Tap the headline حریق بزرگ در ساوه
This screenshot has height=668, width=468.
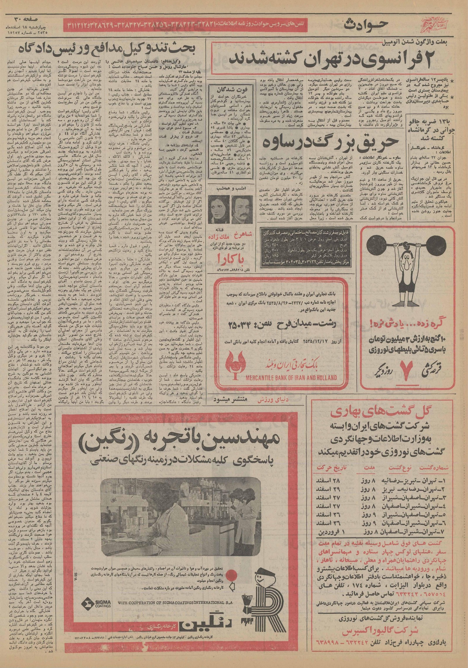332,142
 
